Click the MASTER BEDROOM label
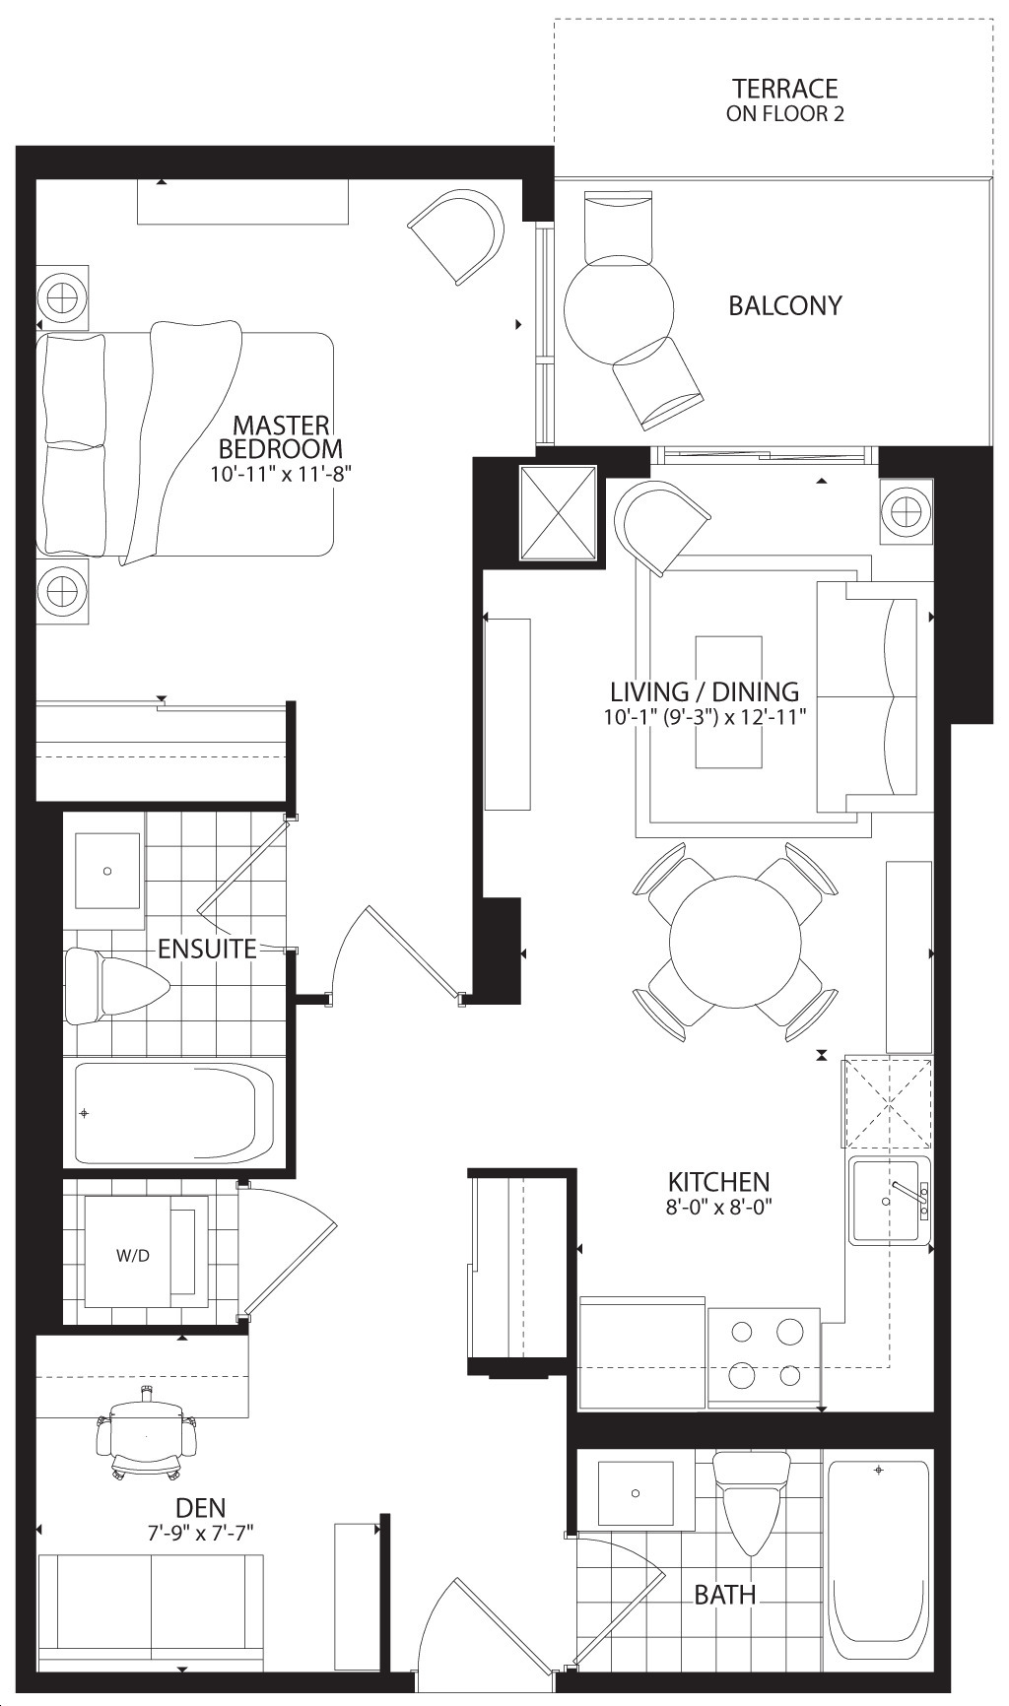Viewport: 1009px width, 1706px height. point(280,437)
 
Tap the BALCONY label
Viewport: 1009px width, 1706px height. point(785,305)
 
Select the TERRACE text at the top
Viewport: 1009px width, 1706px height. point(785,89)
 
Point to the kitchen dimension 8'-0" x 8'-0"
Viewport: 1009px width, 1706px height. point(719,1208)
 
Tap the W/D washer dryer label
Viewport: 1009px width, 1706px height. point(133,1256)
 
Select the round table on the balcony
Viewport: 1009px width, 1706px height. point(620,309)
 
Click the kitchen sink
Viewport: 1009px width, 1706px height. point(889,1202)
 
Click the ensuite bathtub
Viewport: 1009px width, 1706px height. point(174,1113)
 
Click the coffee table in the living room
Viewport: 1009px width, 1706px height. point(729,701)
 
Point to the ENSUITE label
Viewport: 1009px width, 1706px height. point(207,949)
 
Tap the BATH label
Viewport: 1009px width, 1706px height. point(725,1595)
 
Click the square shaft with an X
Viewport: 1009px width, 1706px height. point(558,512)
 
